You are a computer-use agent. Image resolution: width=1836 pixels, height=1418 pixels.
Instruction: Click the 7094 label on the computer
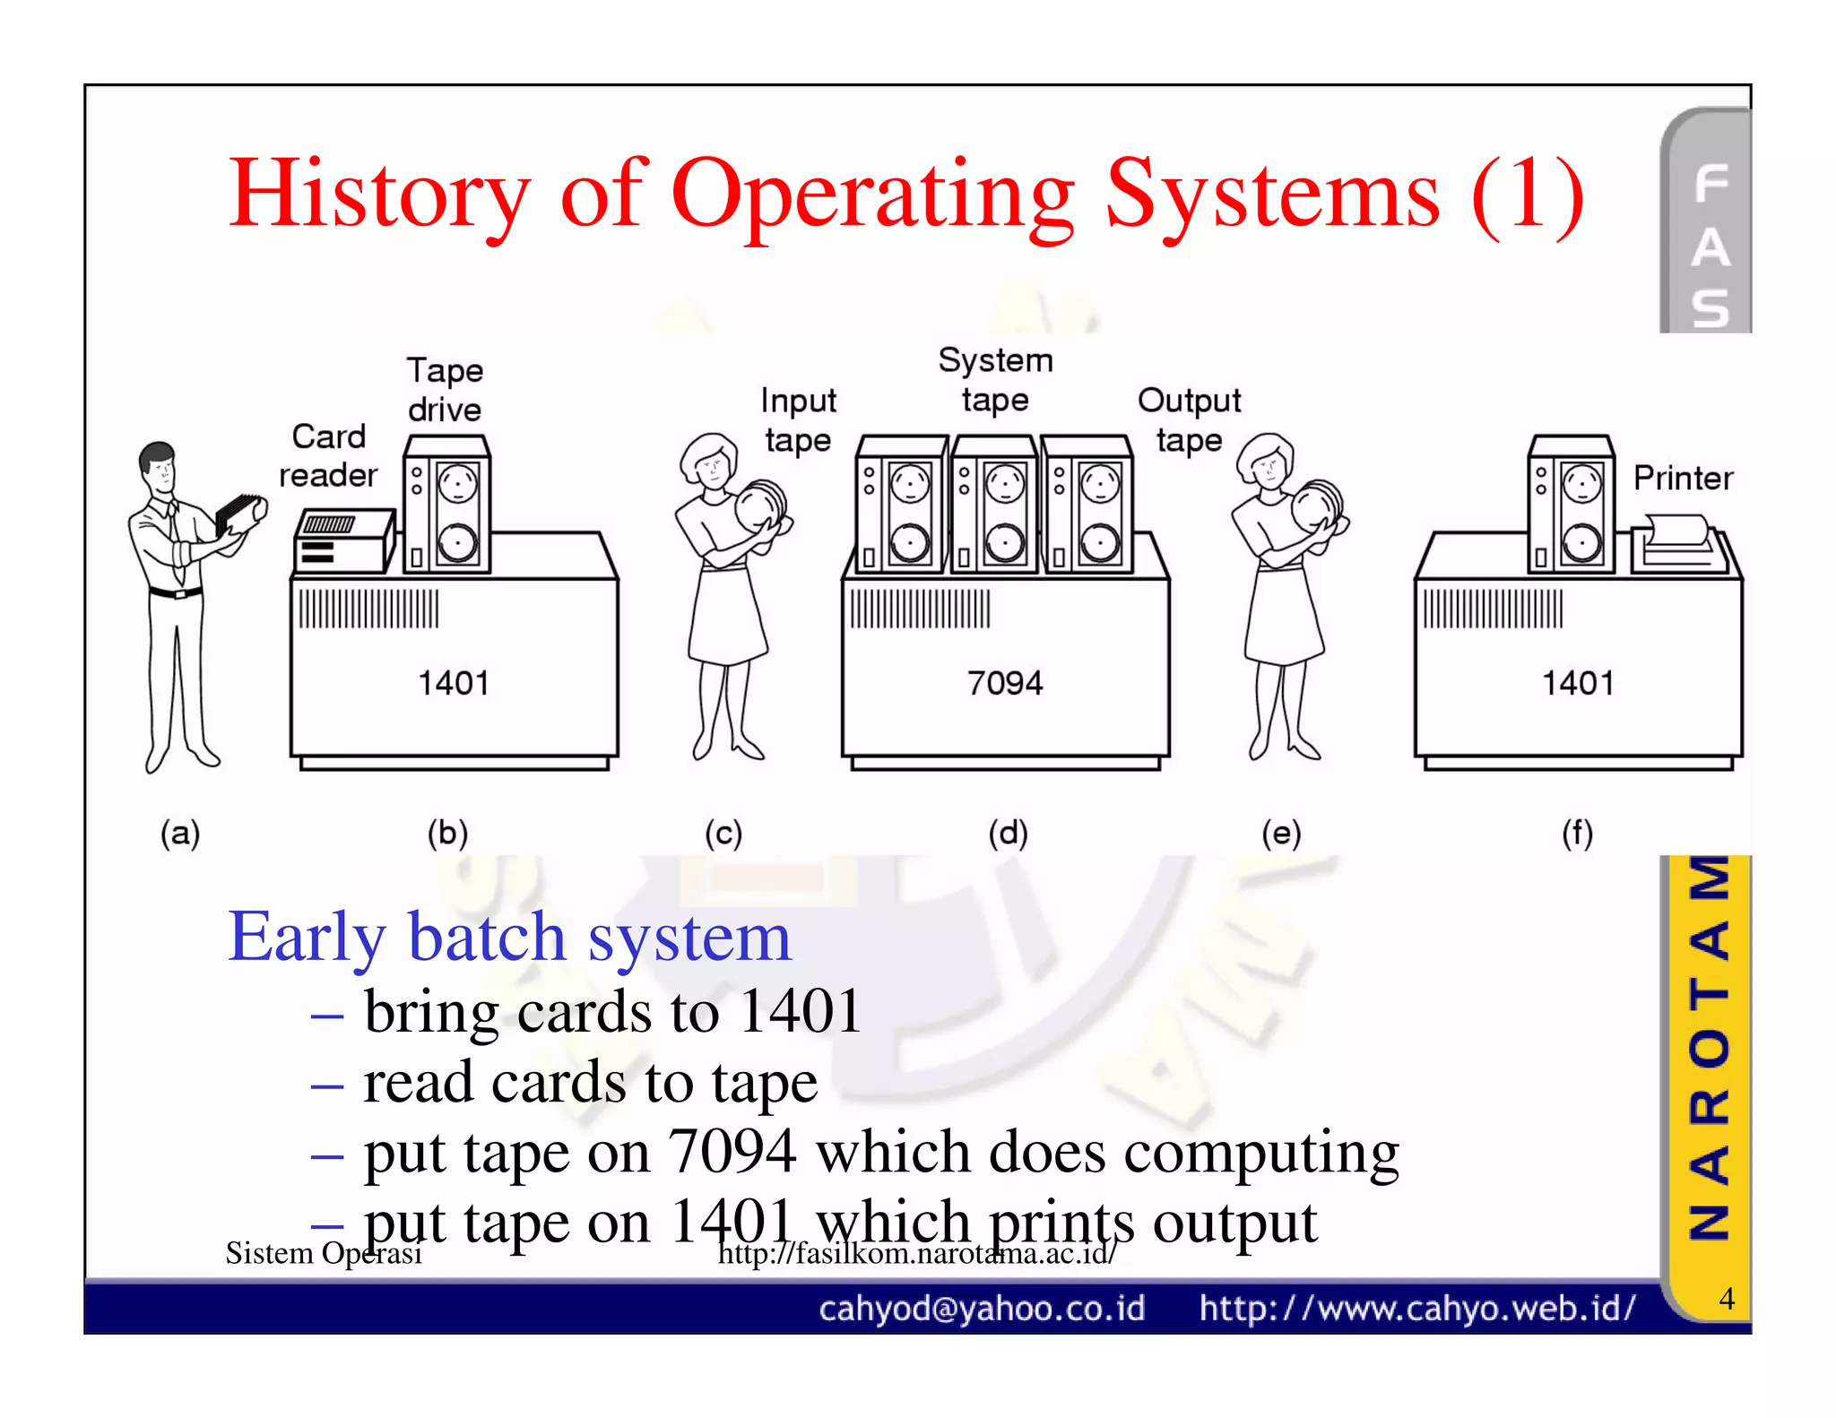(x=1004, y=683)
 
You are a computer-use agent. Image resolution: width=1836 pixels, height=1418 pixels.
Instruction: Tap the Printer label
(x=1683, y=478)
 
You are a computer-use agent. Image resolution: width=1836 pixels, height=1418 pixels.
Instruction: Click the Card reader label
(x=328, y=455)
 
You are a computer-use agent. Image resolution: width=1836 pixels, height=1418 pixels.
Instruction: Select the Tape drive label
(x=445, y=390)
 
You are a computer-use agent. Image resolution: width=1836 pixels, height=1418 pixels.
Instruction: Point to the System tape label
(x=995, y=380)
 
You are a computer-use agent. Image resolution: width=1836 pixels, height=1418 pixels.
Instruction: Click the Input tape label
(x=798, y=419)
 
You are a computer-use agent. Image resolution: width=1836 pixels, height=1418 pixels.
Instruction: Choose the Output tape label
(x=1189, y=419)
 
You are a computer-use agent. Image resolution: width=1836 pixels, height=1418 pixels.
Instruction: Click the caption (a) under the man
(x=180, y=834)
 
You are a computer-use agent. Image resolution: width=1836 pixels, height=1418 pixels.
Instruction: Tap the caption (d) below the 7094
(x=1008, y=834)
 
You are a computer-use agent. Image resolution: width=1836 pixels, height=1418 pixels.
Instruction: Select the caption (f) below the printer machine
(x=1577, y=834)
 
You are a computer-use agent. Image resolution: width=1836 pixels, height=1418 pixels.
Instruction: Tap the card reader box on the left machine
(x=342, y=540)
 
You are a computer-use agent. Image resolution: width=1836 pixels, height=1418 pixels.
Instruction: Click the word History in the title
(x=379, y=195)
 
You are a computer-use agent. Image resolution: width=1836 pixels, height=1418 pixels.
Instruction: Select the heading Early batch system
(x=509, y=937)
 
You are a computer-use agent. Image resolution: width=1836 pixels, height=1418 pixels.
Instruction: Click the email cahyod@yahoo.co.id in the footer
(x=982, y=1309)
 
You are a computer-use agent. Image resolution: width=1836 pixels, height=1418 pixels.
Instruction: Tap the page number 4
(x=1726, y=1298)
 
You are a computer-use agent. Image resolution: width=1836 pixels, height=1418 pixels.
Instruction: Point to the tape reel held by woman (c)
(x=761, y=506)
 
